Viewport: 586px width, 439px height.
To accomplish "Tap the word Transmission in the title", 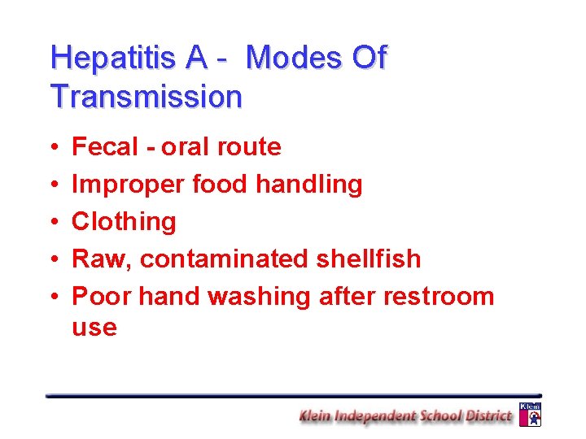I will point(146,97).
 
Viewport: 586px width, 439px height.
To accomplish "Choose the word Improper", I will point(129,185).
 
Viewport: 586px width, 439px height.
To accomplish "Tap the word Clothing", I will point(124,221).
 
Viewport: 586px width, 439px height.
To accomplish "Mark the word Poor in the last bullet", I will point(102,296).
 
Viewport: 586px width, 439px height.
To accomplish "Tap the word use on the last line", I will point(94,328).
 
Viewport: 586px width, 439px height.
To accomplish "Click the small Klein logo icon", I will point(530,413).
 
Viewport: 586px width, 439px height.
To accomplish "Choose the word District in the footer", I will point(488,416).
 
